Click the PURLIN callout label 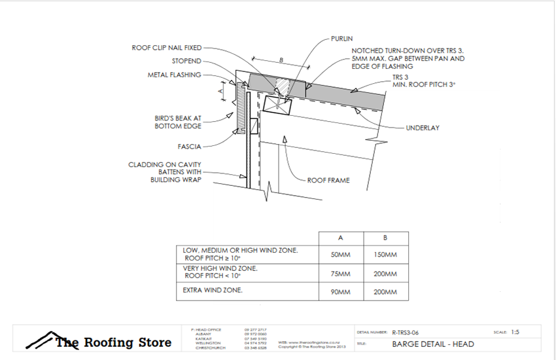tap(342, 39)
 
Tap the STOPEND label tap(186, 61)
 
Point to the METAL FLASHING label tap(174, 75)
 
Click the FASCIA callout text tap(189, 147)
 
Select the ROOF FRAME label tap(328, 180)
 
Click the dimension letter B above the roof tap(281, 60)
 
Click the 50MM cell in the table tap(339, 255)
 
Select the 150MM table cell tap(386, 255)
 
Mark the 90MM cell tap(339, 292)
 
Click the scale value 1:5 tap(515, 332)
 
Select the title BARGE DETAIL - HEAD tap(432, 344)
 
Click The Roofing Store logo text tap(113, 342)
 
